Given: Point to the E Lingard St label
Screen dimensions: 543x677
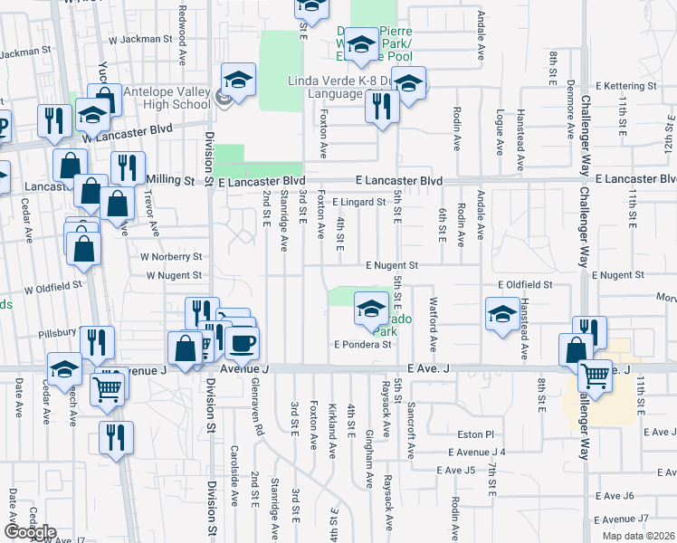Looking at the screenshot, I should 358,203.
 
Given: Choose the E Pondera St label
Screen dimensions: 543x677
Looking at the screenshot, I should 362,344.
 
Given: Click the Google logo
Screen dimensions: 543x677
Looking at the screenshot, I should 30,532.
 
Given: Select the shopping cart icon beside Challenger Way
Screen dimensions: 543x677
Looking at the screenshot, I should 595,374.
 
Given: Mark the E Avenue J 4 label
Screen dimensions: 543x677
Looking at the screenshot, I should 476,452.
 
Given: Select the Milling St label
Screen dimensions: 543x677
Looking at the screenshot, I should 171,181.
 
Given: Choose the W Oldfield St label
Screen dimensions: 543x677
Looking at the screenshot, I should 53,287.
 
